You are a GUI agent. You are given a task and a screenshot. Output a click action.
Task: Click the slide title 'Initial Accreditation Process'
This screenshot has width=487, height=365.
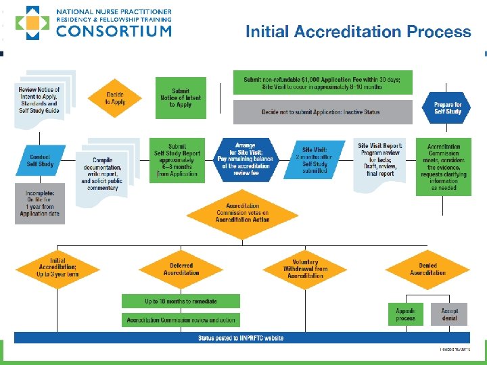point(358,31)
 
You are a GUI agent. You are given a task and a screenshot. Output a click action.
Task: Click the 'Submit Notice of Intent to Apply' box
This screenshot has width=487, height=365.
point(181,98)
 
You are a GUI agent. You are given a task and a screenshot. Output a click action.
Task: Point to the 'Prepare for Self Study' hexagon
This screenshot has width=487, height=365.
point(447,107)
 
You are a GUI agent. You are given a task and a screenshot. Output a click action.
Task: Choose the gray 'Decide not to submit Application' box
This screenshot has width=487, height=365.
point(322,112)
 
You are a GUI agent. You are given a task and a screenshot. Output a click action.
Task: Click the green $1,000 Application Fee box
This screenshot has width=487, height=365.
point(322,82)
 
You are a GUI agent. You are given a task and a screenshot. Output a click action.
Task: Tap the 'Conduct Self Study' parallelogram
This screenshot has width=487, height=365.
point(40,160)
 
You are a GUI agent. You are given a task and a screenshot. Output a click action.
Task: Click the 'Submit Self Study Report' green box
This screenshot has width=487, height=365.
point(177,160)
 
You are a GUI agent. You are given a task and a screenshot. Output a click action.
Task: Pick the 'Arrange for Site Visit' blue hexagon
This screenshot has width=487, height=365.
point(245,160)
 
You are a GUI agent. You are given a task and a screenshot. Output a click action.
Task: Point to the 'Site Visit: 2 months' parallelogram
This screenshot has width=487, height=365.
point(315,160)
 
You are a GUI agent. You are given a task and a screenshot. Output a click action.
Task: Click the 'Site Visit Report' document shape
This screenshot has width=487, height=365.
point(380,160)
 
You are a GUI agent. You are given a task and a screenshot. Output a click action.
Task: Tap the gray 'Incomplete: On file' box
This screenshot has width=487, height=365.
point(40,203)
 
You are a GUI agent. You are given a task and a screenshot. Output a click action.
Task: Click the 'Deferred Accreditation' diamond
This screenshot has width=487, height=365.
point(181,269)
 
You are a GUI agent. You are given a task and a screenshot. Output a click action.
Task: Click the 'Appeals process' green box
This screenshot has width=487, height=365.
point(406,314)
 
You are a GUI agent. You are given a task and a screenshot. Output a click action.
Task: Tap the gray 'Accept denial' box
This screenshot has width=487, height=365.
point(450,314)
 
